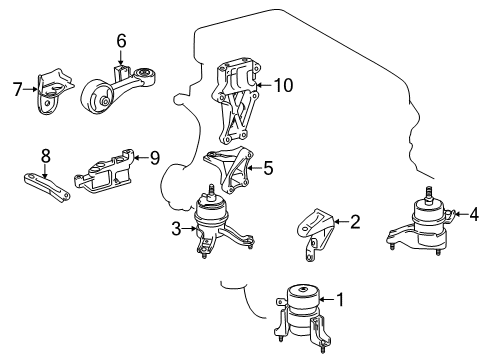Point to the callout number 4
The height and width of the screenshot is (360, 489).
(x=473, y=212)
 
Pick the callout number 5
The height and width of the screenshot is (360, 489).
(x=267, y=167)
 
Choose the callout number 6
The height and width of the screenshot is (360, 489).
(x=121, y=41)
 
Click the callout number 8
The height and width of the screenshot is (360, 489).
(x=44, y=156)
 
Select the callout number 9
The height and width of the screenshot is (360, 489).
(x=155, y=156)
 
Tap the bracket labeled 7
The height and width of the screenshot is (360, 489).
(x=55, y=89)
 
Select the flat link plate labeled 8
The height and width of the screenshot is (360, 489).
(x=50, y=185)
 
